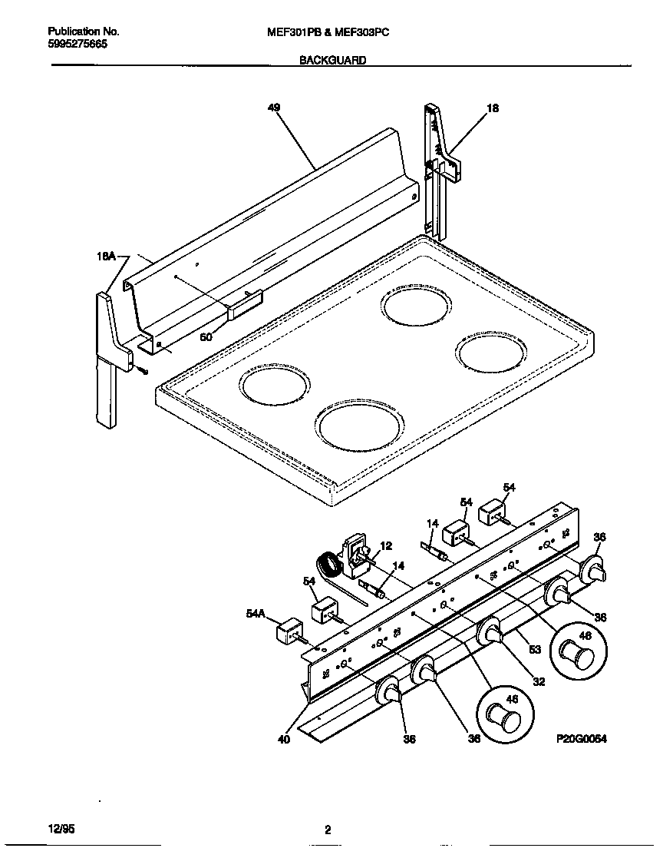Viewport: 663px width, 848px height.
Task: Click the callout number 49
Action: click(273, 108)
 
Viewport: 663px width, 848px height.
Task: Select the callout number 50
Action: click(206, 336)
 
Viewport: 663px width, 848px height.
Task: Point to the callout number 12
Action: click(386, 546)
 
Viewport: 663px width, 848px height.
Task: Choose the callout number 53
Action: click(535, 650)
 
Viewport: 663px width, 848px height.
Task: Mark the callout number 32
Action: click(539, 681)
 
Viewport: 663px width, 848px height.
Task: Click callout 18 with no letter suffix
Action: click(493, 109)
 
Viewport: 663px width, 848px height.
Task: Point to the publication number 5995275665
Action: click(78, 45)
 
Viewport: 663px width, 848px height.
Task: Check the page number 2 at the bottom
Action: click(328, 830)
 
